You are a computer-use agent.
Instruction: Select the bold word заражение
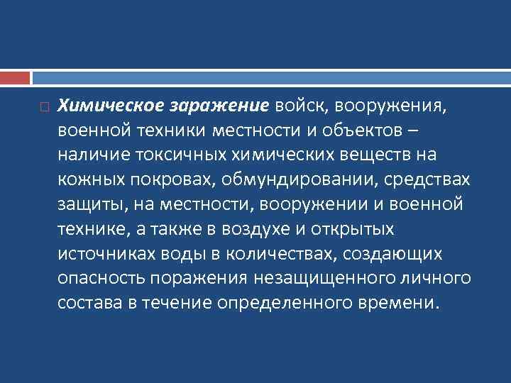pyautogui.click(x=219, y=106)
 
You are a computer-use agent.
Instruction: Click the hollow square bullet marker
pyautogui.click(x=44, y=108)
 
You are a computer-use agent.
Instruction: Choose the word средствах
pyautogui.click(x=431, y=180)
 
